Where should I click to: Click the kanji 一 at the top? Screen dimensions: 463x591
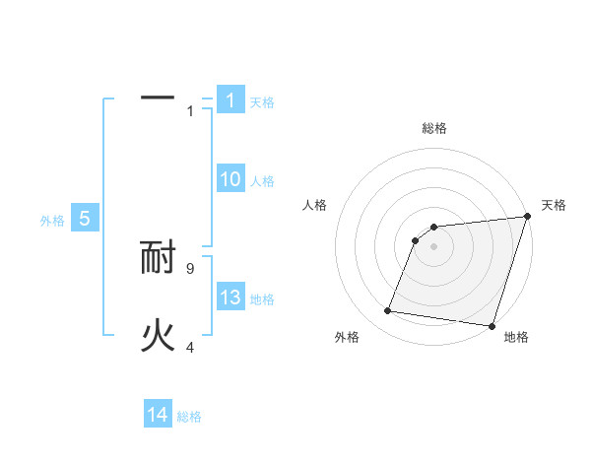(x=158, y=99)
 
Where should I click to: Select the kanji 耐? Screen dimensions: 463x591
(x=158, y=258)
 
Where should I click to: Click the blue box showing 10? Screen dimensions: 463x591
(x=230, y=179)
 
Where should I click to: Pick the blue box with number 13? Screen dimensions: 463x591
(x=230, y=298)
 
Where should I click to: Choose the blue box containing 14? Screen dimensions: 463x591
(x=158, y=415)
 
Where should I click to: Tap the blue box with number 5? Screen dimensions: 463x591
(x=85, y=219)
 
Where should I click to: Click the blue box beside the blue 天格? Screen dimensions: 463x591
(x=230, y=100)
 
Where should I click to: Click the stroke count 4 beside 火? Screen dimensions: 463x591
(x=190, y=347)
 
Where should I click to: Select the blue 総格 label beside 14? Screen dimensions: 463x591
(x=189, y=416)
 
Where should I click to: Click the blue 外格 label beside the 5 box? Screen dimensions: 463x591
(x=52, y=221)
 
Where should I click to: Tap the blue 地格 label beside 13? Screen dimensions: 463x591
(x=262, y=299)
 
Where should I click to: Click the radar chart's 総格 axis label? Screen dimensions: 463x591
(x=434, y=128)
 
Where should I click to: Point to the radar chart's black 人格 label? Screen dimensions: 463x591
(x=316, y=205)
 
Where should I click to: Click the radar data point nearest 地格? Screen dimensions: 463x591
(x=492, y=325)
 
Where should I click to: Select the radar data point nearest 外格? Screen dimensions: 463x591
(x=388, y=311)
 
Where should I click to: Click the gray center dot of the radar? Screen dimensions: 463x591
(x=434, y=246)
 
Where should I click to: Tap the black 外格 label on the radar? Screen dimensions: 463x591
(x=347, y=337)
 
